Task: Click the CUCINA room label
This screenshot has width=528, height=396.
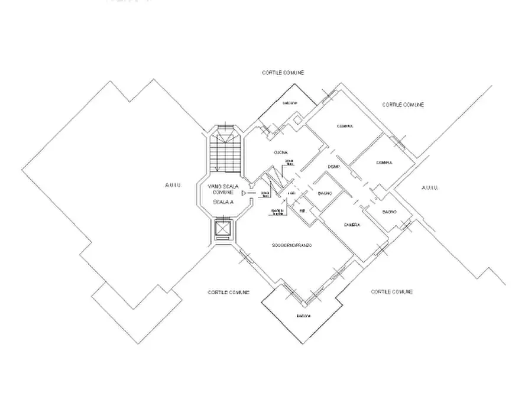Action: point(280,153)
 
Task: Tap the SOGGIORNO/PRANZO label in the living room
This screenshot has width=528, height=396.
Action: point(292,245)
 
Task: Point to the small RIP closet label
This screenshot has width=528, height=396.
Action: point(302,210)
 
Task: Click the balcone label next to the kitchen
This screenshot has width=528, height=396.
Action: point(289,103)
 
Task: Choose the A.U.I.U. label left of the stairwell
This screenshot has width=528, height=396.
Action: point(173,186)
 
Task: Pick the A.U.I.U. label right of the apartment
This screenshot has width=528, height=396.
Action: point(429,187)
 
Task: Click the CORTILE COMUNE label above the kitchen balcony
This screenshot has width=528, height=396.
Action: point(283,73)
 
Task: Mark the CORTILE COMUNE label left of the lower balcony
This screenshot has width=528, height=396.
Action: point(228,293)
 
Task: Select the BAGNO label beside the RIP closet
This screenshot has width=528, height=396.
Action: point(324,194)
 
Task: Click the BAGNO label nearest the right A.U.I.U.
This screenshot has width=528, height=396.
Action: point(388,212)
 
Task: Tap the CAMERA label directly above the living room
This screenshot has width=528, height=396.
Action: point(351,225)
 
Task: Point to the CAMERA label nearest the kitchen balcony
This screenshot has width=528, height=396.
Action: point(345,126)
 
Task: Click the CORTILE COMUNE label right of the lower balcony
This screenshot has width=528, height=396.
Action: point(391,292)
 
